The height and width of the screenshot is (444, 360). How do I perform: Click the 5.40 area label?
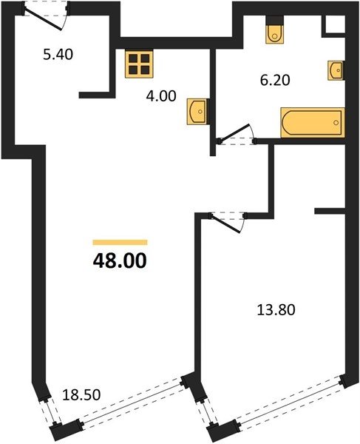pyautogui.click(x=58, y=54)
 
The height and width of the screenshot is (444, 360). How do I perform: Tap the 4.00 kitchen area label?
pyautogui.click(x=161, y=96)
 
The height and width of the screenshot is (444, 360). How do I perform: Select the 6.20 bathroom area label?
pyautogui.click(x=275, y=80)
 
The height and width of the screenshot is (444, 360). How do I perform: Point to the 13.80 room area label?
pyautogui.click(x=276, y=310)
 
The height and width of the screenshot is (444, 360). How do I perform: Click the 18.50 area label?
pyautogui.click(x=81, y=394)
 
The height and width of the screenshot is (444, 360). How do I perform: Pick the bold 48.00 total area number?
pyautogui.click(x=120, y=260)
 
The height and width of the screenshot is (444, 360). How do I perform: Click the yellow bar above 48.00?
pyautogui.click(x=120, y=242)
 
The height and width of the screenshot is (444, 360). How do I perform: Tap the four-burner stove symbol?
pyautogui.click(x=139, y=64)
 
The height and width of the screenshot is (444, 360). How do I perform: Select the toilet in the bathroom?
pyautogui.click(x=275, y=34)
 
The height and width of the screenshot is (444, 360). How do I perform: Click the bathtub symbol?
pyautogui.click(x=313, y=122)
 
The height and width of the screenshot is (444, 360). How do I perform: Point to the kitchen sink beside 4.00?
pyautogui.click(x=197, y=111)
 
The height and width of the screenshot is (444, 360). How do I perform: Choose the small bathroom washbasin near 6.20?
pyautogui.click(x=336, y=70)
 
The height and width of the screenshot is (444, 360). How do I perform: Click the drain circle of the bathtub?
pyautogui.click(x=336, y=123)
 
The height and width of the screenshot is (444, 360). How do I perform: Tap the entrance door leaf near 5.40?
pyautogui.click(x=43, y=20)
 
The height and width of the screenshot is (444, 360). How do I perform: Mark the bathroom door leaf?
pyautogui.click(x=235, y=132)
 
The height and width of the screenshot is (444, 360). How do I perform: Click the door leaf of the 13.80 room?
pyautogui.click(x=225, y=224)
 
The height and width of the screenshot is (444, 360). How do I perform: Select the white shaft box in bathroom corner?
pyautogui.click(x=335, y=24)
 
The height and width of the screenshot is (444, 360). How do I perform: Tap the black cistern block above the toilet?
pyautogui.click(x=275, y=20)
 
